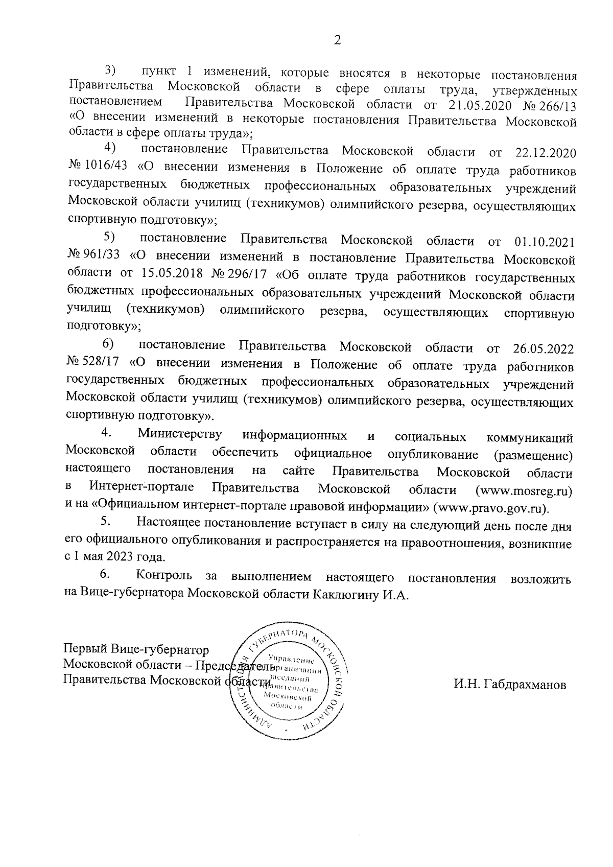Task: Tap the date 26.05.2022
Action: (543, 349)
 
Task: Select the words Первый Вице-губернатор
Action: (136, 650)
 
